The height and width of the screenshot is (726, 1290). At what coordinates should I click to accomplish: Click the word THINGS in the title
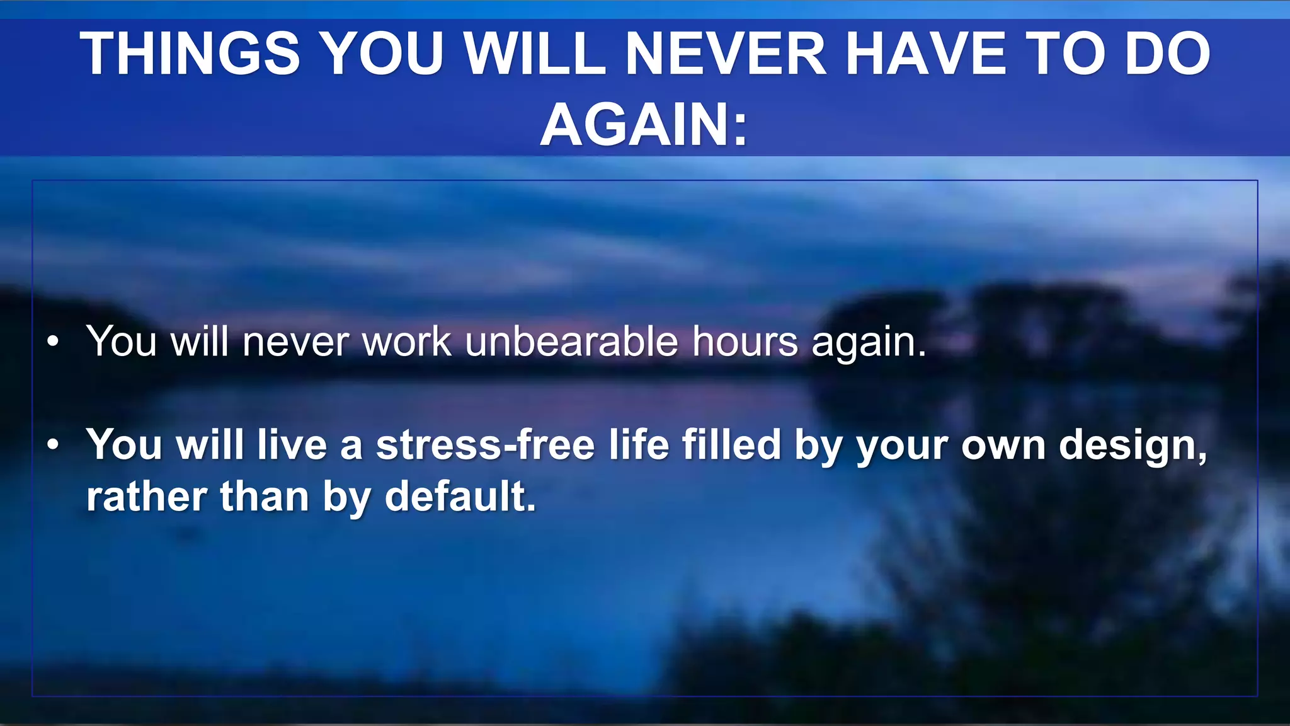click(190, 54)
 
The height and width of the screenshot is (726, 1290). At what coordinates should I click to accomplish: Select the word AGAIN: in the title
click(644, 125)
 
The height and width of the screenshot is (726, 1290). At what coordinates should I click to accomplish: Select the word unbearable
click(571, 342)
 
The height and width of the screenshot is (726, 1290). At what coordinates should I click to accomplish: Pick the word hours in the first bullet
click(745, 342)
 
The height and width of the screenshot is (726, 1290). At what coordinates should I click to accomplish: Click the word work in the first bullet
click(407, 342)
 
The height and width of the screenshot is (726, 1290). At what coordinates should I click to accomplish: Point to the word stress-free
click(485, 445)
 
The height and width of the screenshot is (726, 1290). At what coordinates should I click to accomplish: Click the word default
click(460, 497)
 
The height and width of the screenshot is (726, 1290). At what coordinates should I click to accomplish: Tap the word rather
click(147, 498)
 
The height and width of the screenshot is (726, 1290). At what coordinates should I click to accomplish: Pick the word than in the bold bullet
click(265, 497)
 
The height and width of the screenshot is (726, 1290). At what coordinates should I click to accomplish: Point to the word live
click(292, 445)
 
